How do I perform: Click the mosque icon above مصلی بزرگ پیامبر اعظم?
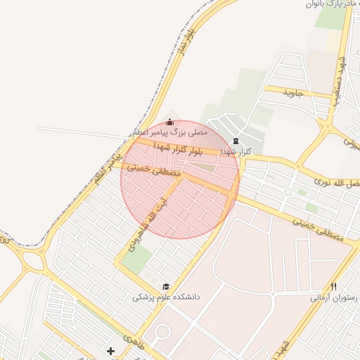pos(169,122)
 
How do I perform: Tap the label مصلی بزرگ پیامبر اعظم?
pos(169,132)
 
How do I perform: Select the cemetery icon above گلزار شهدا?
pos(236,141)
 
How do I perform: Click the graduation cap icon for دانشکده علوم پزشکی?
pos(166,287)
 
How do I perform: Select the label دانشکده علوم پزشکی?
pos(167,297)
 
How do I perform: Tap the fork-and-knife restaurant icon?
pos(333,287)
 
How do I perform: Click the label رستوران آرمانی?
pos(335,297)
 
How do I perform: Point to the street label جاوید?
pos(292,91)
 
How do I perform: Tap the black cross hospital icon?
pos(110,350)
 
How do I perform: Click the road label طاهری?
pos(132,338)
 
